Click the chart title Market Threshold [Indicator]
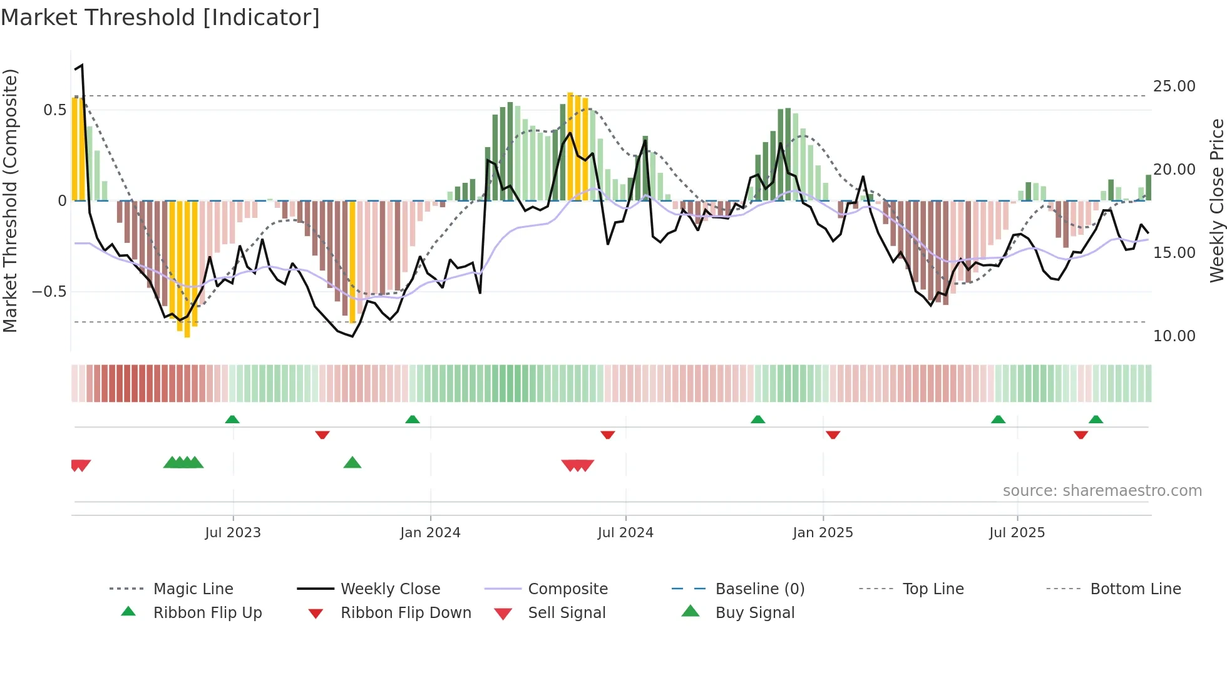tap(160, 18)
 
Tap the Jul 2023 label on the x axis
tap(233, 533)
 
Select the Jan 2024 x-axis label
tap(430, 533)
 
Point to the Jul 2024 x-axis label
tap(625, 533)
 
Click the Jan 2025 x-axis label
tap(823, 533)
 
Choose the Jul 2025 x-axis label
tap(1017, 533)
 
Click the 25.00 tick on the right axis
tap(1174, 86)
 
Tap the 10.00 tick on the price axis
tap(1174, 336)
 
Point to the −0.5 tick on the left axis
tap(49, 292)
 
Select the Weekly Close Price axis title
tap(1216, 200)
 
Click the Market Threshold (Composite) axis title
tap(10, 200)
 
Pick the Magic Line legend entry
tap(193, 589)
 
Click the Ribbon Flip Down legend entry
tap(406, 613)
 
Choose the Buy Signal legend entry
tap(754, 613)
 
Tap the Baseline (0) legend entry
tap(759, 589)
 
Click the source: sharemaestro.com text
tap(1102, 491)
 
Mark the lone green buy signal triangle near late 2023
tap(352, 463)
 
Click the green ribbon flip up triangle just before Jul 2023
tap(232, 419)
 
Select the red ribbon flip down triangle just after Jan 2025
tap(833, 435)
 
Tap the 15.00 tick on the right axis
tap(1174, 253)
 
